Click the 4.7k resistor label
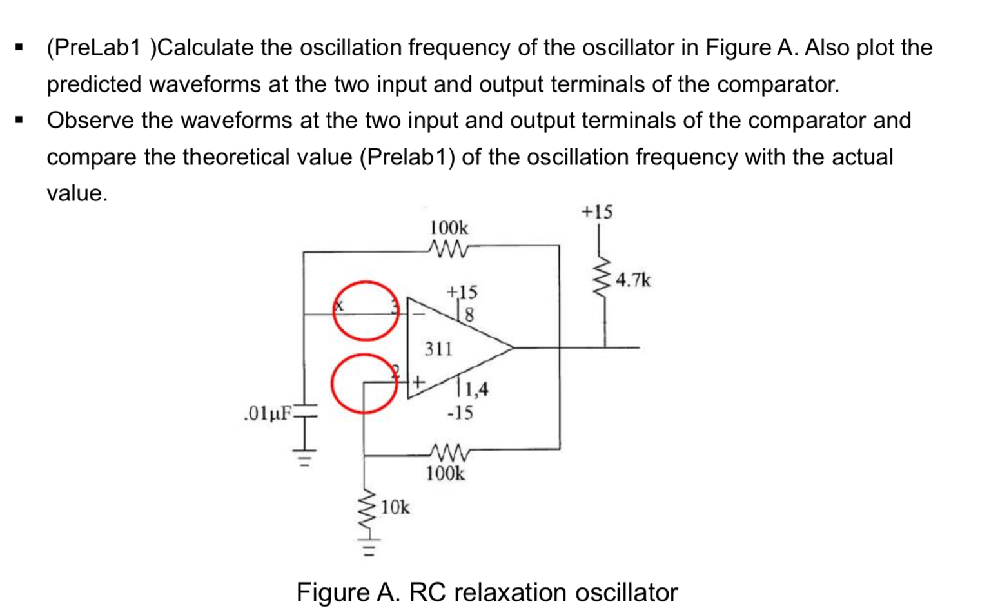click(633, 280)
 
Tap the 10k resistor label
click(395, 508)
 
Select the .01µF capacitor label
click(268, 413)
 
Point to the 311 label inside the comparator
click(438, 349)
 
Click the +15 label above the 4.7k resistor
click(597, 212)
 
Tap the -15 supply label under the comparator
click(460, 413)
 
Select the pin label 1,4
click(476, 389)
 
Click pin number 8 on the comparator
click(469, 315)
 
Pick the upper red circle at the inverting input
click(366, 311)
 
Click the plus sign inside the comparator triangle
click(418, 382)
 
